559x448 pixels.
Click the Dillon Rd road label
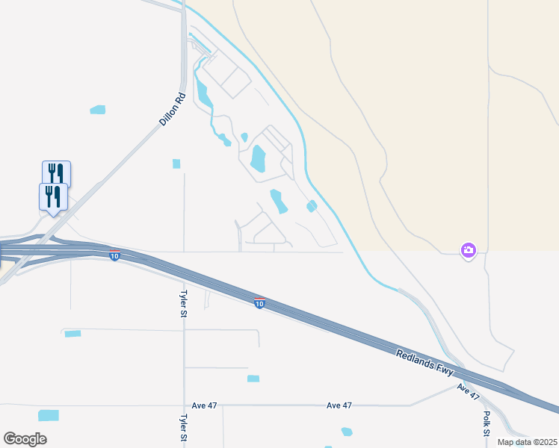(172, 109)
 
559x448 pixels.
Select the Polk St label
(487, 423)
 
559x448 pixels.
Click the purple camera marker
(468, 251)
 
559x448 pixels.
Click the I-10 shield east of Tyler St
(259, 303)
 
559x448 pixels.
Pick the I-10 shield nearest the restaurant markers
(114, 256)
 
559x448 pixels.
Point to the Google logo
(25, 438)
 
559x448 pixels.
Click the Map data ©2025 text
(527, 442)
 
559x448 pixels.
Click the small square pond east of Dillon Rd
(176, 164)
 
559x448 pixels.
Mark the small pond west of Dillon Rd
(98, 110)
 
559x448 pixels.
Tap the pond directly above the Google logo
(49, 415)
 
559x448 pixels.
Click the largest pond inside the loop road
(259, 158)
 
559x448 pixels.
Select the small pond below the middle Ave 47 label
(346, 432)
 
